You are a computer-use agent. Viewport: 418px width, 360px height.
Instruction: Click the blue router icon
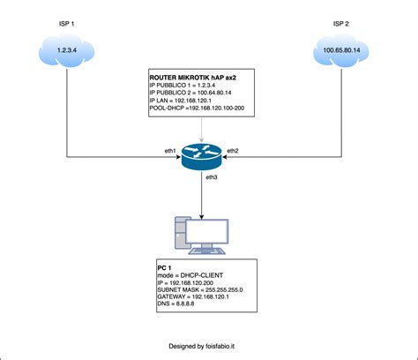(x=203, y=156)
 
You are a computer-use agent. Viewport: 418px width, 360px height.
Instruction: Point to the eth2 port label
(x=233, y=150)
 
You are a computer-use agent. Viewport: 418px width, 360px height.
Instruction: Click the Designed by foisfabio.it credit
(x=208, y=348)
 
